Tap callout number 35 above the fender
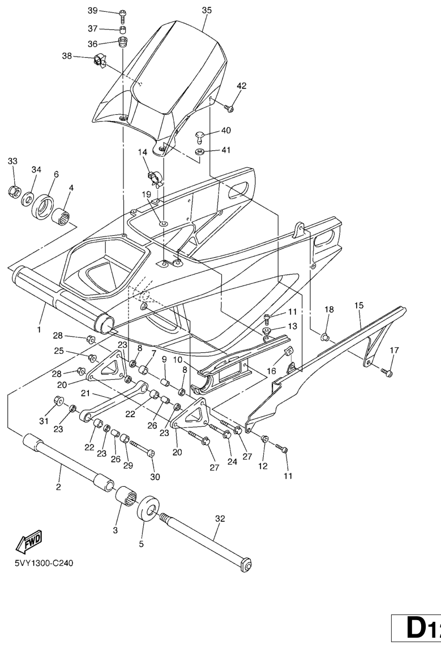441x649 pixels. click(206, 10)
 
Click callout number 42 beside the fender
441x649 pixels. click(242, 86)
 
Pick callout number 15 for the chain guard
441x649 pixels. click(359, 306)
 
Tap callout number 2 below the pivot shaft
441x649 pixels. click(58, 487)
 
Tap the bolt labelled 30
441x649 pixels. click(150, 453)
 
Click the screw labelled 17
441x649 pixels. click(387, 373)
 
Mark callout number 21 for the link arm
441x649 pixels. click(85, 393)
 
